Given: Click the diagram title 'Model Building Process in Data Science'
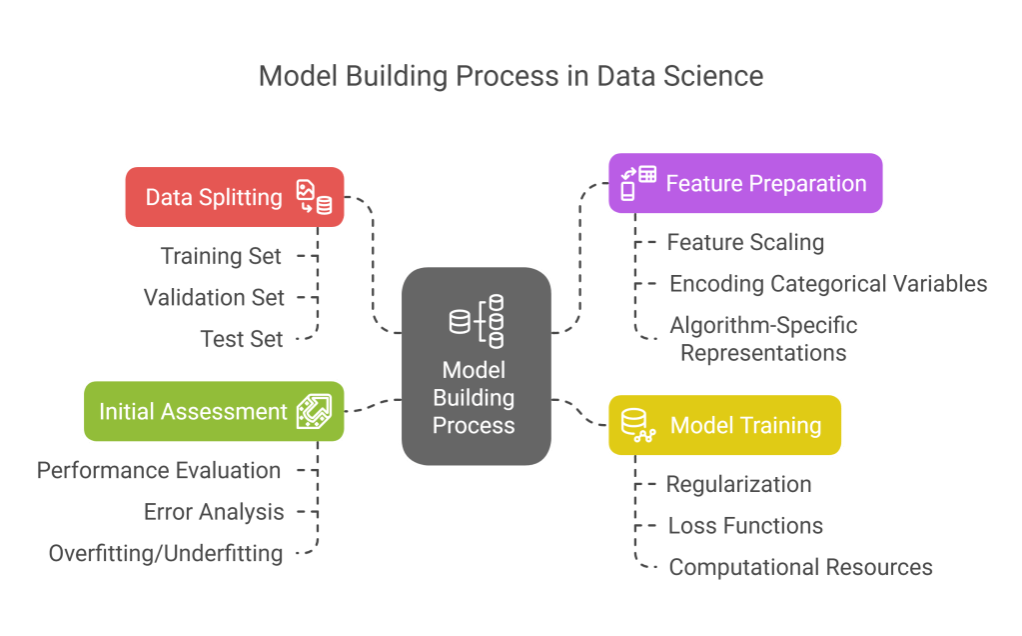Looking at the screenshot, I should pyautogui.click(x=511, y=76).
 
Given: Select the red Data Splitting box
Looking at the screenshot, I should pyautogui.click(x=234, y=197).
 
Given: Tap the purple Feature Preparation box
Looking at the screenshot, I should pyautogui.click(x=745, y=183).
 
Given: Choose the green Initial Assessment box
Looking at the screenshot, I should pyautogui.click(x=214, y=411).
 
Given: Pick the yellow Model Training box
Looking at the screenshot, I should pyautogui.click(x=724, y=425).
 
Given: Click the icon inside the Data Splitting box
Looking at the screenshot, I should pyautogui.click(x=314, y=197).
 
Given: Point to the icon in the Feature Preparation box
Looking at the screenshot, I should pyautogui.click(x=637, y=183).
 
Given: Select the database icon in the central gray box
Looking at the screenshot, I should pyautogui.click(x=477, y=321).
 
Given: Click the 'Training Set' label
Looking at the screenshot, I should pyautogui.click(x=222, y=256).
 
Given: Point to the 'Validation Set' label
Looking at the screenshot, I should pyautogui.click(x=214, y=297).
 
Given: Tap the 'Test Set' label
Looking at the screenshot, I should pyautogui.click(x=242, y=339).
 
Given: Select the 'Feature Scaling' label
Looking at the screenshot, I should pyautogui.click(x=745, y=242).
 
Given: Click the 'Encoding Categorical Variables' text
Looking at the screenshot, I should pyautogui.click(x=828, y=284).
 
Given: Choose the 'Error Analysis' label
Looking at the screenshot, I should pyautogui.click(x=214, y=512).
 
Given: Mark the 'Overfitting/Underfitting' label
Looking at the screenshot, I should pyautogui.click(x=166, y=553).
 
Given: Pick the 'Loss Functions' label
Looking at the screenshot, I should pyautogui.click(x=745, y=526).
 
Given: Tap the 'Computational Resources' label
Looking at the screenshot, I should pyautogui.click(x=800, y=567).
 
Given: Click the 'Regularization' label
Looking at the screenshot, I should pyautogui.click(x=738, y=484).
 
